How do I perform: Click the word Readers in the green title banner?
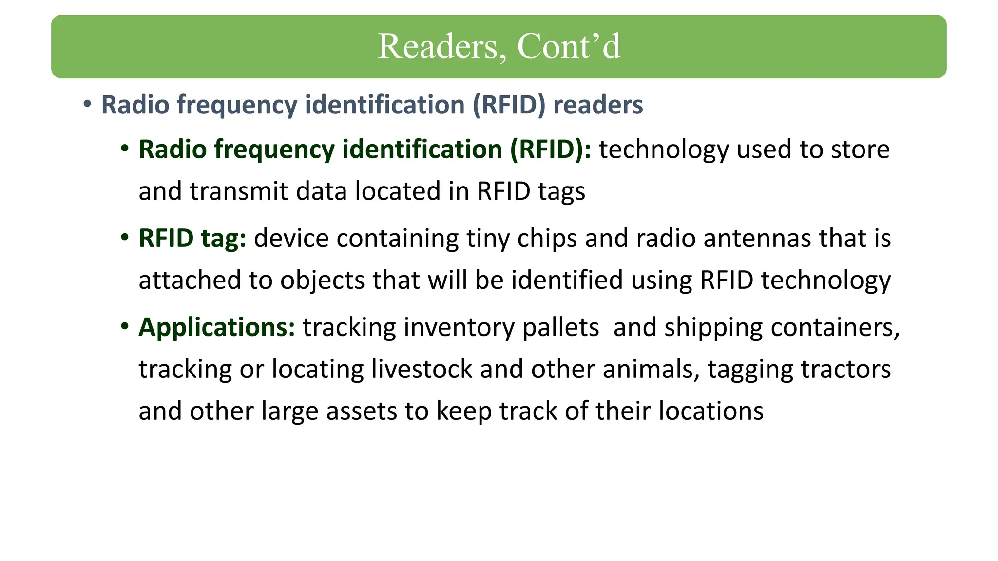click(438, 47)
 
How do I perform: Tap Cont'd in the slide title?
click(569, 47)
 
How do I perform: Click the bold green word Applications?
click(217, 327)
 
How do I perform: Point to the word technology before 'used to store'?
click(664, 149)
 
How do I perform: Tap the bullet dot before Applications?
click(125, 325)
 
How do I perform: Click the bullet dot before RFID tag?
click(125, 237)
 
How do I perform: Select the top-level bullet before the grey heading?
click(87, 104)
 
